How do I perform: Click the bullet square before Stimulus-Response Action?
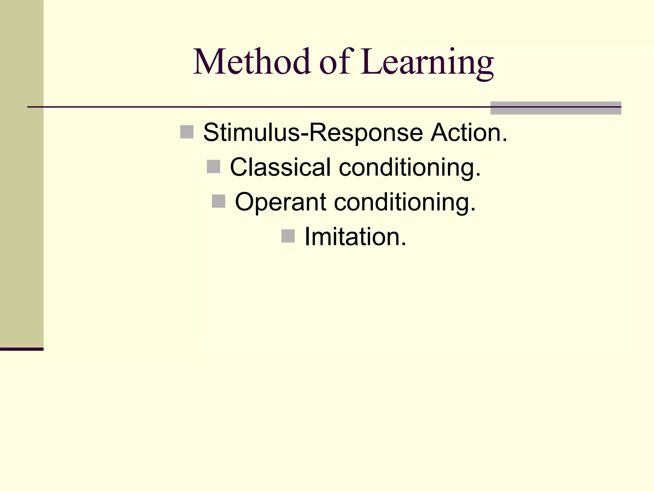[187, 132]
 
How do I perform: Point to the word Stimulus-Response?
[313, 133]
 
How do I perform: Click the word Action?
[469, 133]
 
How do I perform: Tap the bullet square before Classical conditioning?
[213, 167]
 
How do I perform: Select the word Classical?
[280, 167]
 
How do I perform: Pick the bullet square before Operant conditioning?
[218, 201]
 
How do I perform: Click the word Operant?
[280, 202]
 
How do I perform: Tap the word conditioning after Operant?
[405, 202]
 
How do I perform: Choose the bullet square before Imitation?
[288, 236]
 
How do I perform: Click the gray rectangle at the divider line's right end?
[556, 108]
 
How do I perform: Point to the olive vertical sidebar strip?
[21, 173]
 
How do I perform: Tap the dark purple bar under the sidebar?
[21, 349]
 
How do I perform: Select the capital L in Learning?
[372, 62]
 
